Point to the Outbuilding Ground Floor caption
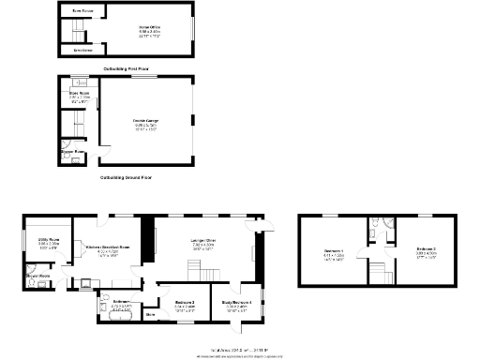click(126, 176)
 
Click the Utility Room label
click(48, 241)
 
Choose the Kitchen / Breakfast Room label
click(108, 247)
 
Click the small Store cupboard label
click(150, 315)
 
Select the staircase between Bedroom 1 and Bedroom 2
click(378, 273)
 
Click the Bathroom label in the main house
click(121, 304)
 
